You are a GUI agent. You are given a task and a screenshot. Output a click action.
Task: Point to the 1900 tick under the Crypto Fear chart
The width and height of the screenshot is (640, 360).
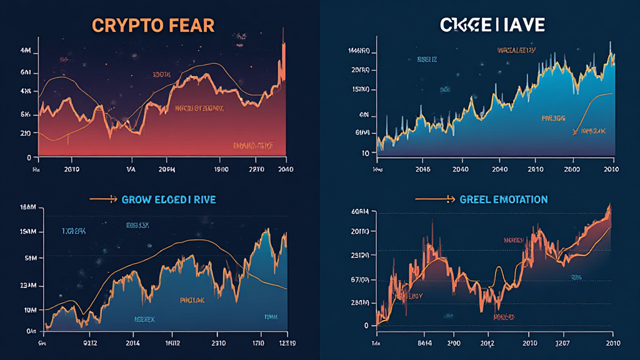(x=221, y=169)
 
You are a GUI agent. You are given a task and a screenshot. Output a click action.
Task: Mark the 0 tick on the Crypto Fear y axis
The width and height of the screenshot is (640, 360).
(x=29, y=157)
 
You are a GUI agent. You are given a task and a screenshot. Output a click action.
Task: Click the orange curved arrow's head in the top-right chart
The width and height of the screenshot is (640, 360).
(x=573, y=132)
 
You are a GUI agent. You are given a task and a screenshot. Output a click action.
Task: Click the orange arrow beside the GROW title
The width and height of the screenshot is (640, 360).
(x=104, y=199)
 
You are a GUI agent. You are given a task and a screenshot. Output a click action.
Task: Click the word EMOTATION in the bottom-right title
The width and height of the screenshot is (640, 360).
(x=516, y=199)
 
